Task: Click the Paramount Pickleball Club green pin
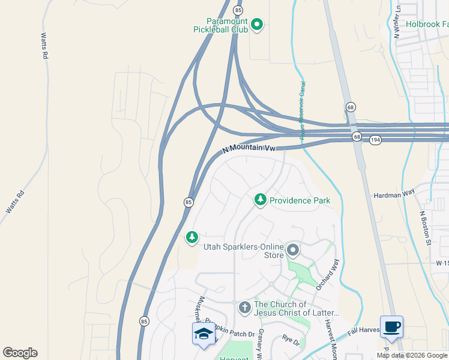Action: coord(257,25)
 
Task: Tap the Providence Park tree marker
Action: coord(261,200)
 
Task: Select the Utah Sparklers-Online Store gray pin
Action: coord(293,249)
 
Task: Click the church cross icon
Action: coord(244,308)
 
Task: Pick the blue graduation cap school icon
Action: coord(203,333)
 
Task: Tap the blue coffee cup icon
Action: coord(391,326)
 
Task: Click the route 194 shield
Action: coord(376,139)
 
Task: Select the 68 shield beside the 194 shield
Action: coord(357,137)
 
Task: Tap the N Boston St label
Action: coord(426,228)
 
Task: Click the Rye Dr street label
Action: coord(291,340)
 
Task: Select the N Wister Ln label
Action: coord(397,22)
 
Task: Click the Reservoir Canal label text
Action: coord(303,110)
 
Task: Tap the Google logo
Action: coord(20,353)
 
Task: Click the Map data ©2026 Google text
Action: coord(412,355)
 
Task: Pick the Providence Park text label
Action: coord(300,200)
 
